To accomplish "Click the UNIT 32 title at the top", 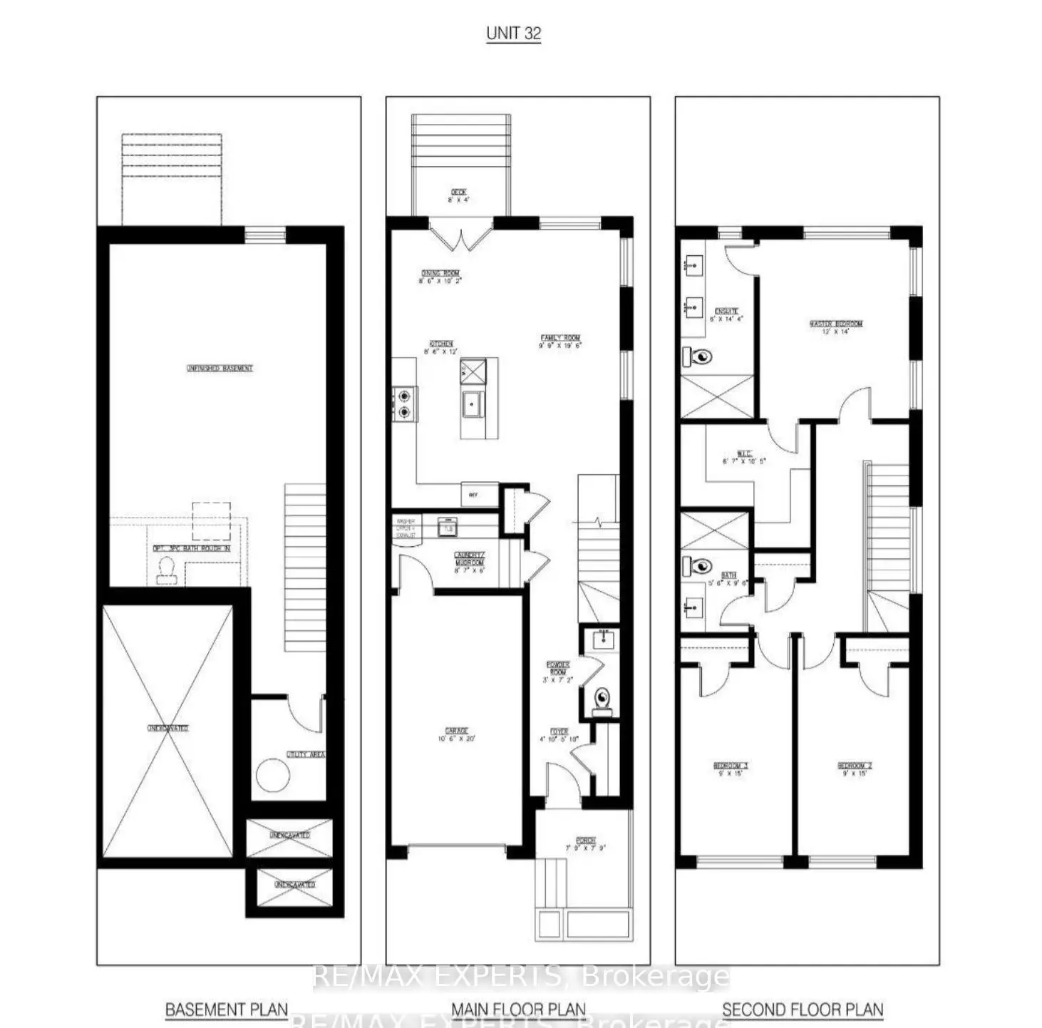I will tap(513, 34).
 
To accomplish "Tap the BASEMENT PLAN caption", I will tap(227, 1009).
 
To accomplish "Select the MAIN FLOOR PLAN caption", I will tap(518, 1009).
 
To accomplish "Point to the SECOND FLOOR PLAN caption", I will tap(803, 1009).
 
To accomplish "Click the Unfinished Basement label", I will tap(220, 369).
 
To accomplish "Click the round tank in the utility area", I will tap(273, 776).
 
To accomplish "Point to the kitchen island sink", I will tap(473, 405).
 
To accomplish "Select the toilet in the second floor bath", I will tap(697, 567).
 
